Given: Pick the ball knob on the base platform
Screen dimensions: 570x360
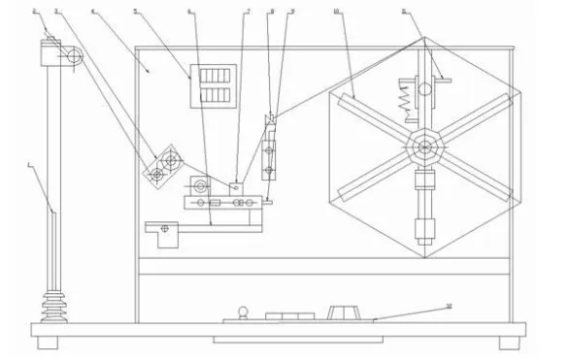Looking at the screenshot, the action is pos(243,311).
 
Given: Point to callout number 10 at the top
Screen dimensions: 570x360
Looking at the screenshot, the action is pos(334,13).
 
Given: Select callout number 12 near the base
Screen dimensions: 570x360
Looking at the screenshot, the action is pos(448,307).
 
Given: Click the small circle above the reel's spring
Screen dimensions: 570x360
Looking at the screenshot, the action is pos(424,89).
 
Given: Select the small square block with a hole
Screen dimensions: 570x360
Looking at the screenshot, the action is pos(235,185).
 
